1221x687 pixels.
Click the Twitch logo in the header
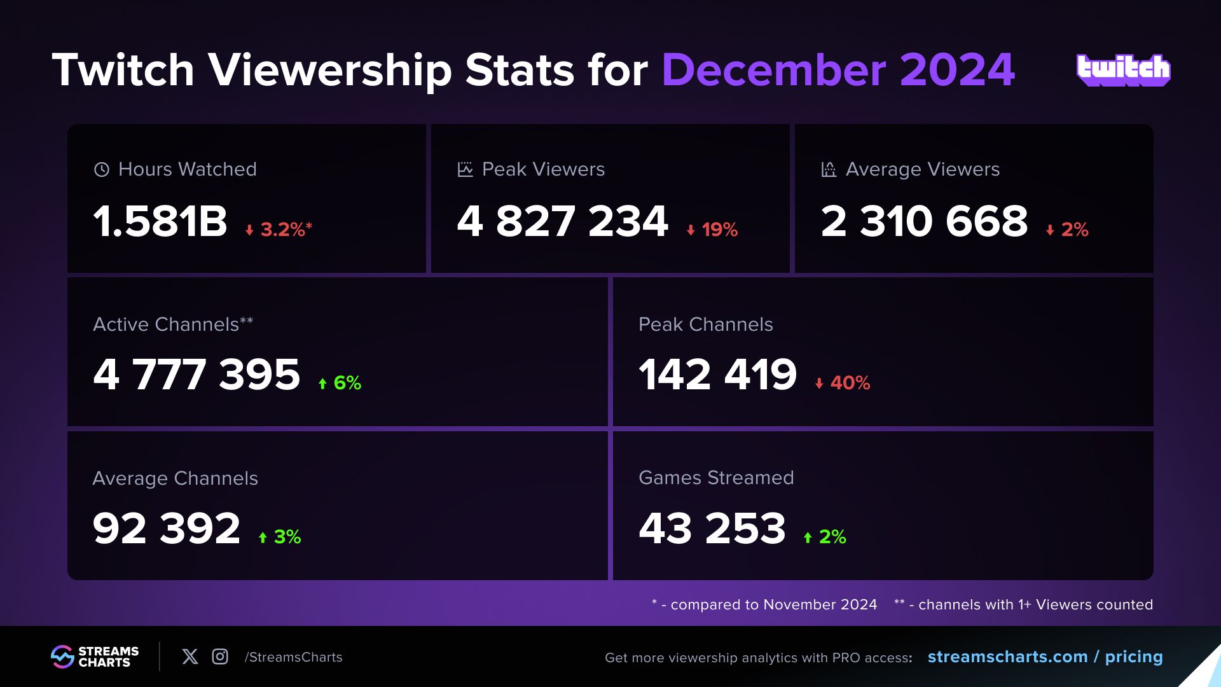pyautogui.click(x=1123, y=69)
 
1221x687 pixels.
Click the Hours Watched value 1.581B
pyautogui.click(x=160, y=221)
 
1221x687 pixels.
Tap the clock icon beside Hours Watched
pyautogui.click(x=102, y=169)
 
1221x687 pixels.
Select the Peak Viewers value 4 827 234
pyautogui.click(x=563, y=221)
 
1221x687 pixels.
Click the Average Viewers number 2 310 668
pyautogui.click(x=924, y=221)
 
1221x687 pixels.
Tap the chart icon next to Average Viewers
pyautogui.click(x=829, y=169)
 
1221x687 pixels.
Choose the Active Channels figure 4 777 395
pyautogui.click(x=197, y=374)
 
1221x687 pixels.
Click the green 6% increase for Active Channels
pyautogui.click(x=340, y=383)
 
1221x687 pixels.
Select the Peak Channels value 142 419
pyautogui.click(x=717, y=374)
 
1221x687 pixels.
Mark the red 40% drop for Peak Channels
pyautogui.click(x=843, y=383)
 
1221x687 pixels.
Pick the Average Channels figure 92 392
pyautogui.click(x=167, y=528)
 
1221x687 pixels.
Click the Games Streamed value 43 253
pyautogui.click(x=712, y=528)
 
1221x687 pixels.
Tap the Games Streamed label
pyautogui.click(x=716, y=478)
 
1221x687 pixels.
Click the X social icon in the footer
pyautogui.click(x=190, y=656)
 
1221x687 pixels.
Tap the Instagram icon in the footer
pyautogui.click(x=220, y=656)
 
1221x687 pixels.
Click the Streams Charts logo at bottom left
pyautogui.click(x=95, y=656)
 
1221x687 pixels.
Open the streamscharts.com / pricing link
pyautogui.click(x=1045, y=656)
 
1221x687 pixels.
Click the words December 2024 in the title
pyautogui.click(x=838, y=69)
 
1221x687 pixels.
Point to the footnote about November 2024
pyautogui.click(x=764, y=604)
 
